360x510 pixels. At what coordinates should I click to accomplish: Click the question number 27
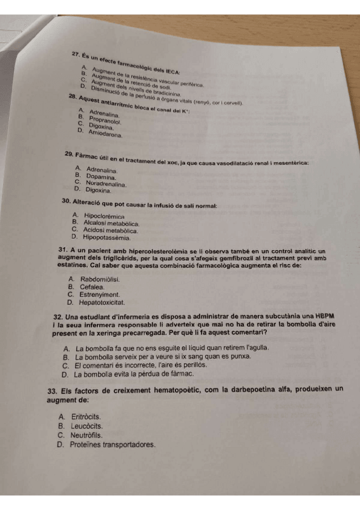76,55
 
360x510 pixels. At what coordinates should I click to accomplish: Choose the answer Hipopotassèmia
105,237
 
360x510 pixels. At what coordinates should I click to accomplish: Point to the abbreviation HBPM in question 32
323,316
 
